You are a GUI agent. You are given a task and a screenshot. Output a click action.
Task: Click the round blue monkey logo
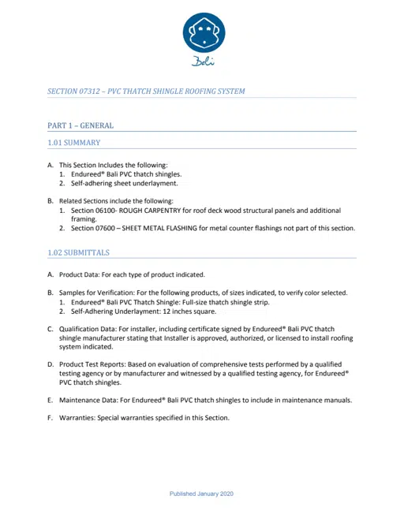(204, 34)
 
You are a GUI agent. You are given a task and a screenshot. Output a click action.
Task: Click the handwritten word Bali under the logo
(204, 63)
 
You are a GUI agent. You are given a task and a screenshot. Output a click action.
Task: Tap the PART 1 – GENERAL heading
(80, 125)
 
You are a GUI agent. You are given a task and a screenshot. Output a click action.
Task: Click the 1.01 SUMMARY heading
(73, 143)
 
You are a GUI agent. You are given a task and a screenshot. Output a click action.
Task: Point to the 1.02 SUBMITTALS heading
(78, 253)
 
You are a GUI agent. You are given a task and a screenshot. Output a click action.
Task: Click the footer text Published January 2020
(201, 494)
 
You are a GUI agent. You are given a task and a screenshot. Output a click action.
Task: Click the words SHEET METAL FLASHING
(172, 229)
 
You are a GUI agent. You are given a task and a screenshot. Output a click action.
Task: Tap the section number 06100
(105, 211)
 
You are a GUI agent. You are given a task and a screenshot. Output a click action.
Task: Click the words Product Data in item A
(81, 274)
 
